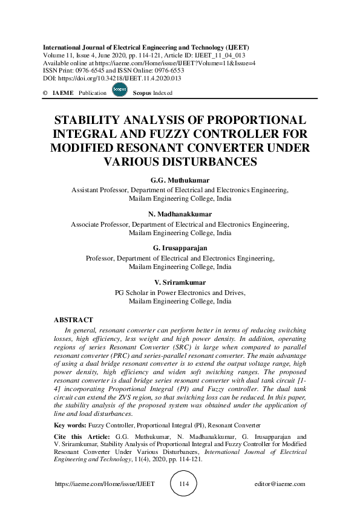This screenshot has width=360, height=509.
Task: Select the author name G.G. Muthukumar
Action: (x=180, y=180)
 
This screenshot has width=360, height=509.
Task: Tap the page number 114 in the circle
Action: (x=185, y=484)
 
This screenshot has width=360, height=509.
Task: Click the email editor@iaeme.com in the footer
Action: (x=281, y=484)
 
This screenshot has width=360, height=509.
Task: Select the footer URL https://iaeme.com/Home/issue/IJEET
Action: (x=105, y=484)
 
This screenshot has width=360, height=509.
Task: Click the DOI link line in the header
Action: (x=112, y=78)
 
